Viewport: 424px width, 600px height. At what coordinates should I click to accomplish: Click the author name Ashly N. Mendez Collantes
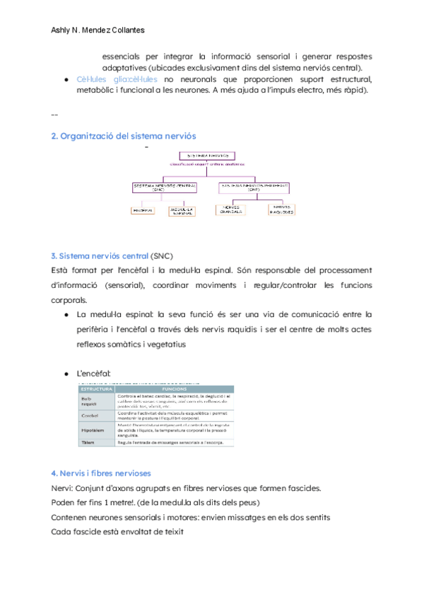click(x=98, y=30)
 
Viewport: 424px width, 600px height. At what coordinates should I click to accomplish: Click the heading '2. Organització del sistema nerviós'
click(x=124, y=135)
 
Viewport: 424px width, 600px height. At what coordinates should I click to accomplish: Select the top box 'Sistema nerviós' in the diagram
click(x=206, y=156)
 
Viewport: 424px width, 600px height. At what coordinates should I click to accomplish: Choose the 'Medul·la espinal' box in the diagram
click(x=182, y=210)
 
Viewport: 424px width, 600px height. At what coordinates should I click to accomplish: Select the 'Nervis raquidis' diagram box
click(x=281, y=210)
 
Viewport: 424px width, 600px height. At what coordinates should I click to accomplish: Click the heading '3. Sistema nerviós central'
click(x=100, y=255)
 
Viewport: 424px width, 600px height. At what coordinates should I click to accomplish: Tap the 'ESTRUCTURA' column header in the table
click(x=96, y=389)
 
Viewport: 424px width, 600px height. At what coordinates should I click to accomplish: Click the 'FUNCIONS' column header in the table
click(x=174, y=389)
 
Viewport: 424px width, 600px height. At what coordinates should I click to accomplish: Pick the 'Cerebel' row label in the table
click(x=90, y=415)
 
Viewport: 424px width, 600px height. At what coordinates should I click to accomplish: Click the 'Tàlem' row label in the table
click(x=88, y=442)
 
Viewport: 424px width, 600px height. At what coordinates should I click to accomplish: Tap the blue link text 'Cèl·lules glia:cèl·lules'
click(x=117, y=79)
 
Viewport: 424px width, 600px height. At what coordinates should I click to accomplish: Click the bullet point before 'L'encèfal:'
click(x=66, y=373)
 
